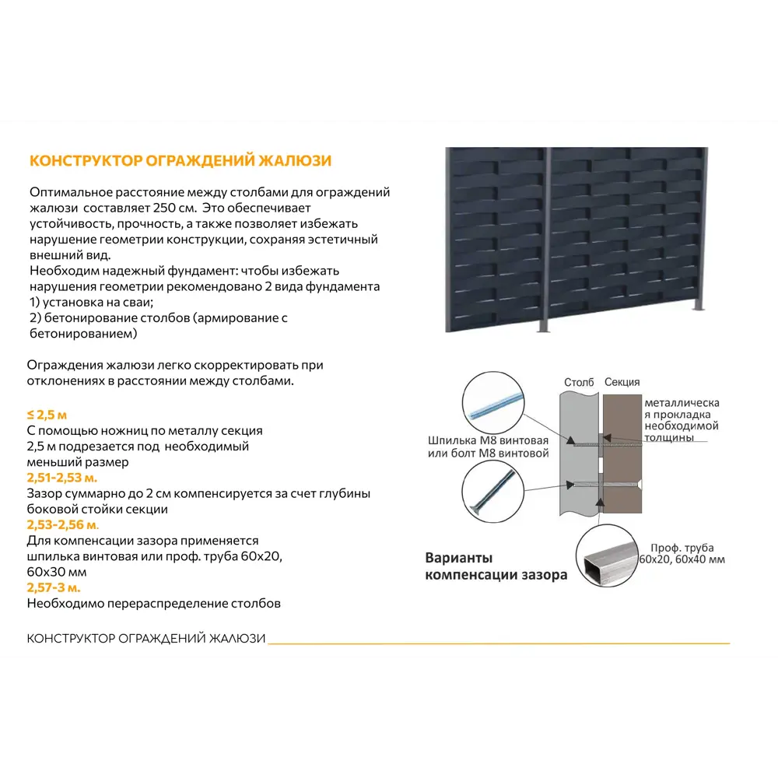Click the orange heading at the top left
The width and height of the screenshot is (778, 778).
(x=180, y=161)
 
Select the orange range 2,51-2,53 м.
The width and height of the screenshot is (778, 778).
(x=62, y=478)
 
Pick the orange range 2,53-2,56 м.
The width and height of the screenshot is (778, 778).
(x=63, y=525)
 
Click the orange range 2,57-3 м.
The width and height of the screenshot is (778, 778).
(x=54, y=587)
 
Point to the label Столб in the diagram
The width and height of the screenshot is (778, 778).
(x=579, y=382)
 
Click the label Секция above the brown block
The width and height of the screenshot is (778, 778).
(x=622, y=382)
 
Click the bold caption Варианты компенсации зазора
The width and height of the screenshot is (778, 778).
(x=496, y=567)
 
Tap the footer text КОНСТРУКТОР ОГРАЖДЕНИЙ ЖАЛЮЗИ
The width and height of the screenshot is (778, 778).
(x=146, y=639)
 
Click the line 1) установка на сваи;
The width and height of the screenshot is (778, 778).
(x=91, y=302)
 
